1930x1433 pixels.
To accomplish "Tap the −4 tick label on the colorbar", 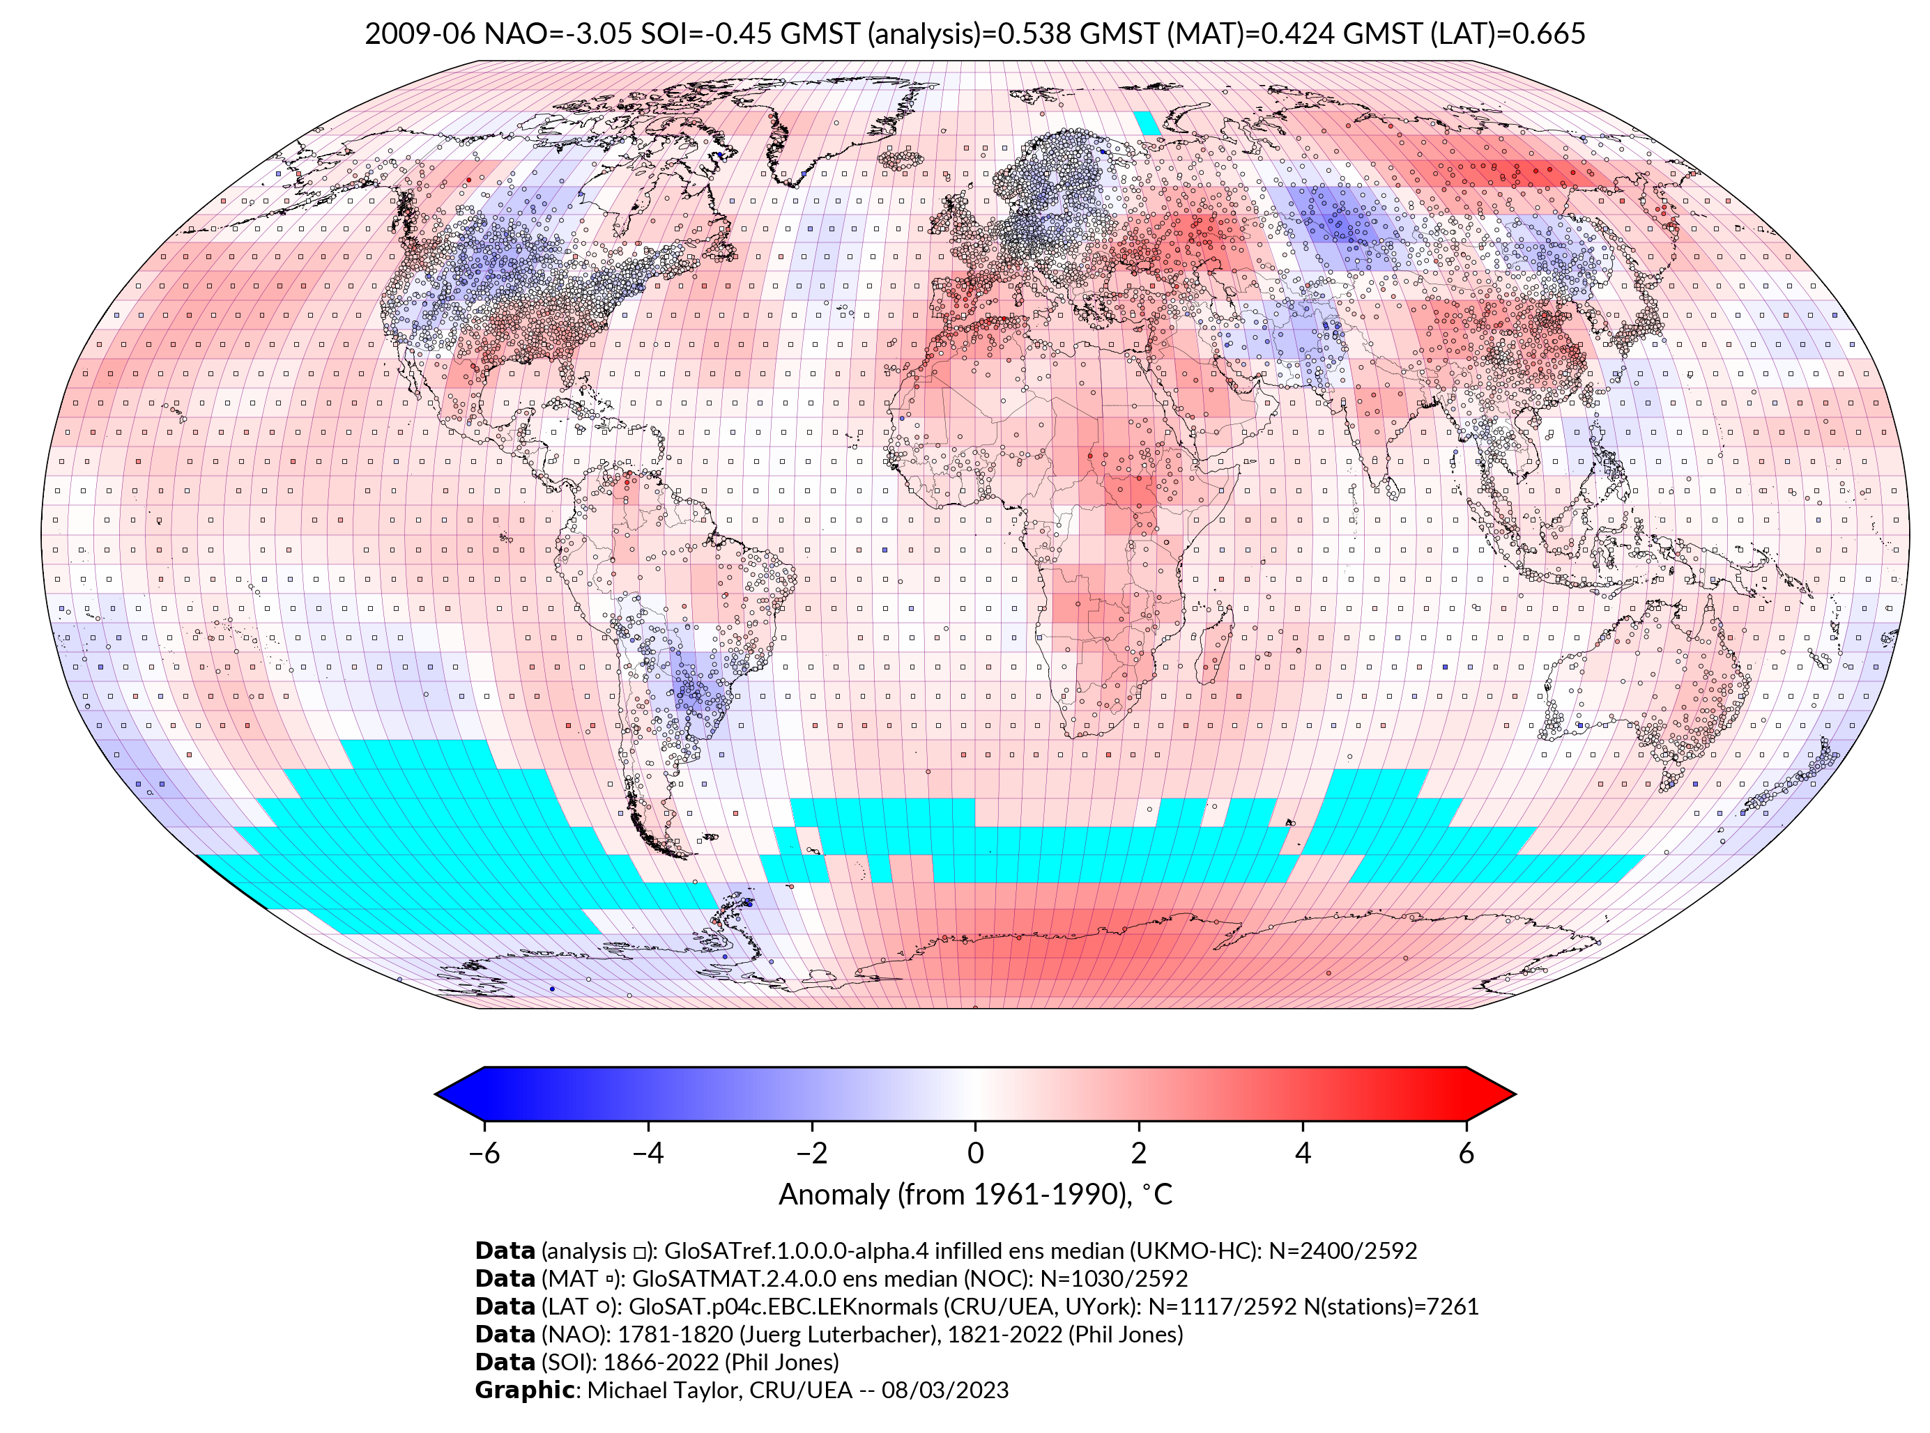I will [x=648, y=1153].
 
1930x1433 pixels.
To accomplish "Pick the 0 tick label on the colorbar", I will [x=975, y=1153].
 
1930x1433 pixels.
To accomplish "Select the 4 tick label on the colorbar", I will [x=1303, y=1153].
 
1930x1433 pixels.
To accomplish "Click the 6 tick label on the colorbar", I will [x=1466, y=1153].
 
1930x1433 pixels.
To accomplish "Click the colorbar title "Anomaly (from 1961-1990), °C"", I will [x=975, y=1195].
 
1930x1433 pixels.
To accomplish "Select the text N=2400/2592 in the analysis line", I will [x=1342, y=1251].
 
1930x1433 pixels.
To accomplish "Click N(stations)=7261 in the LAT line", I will [x=1391, y=1306].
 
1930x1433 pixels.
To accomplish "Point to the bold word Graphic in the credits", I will [x=524, y=1390].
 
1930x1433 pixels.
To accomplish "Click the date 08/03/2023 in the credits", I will [x=945, y=1390].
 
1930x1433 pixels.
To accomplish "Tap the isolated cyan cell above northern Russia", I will [x=1148, y=123].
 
